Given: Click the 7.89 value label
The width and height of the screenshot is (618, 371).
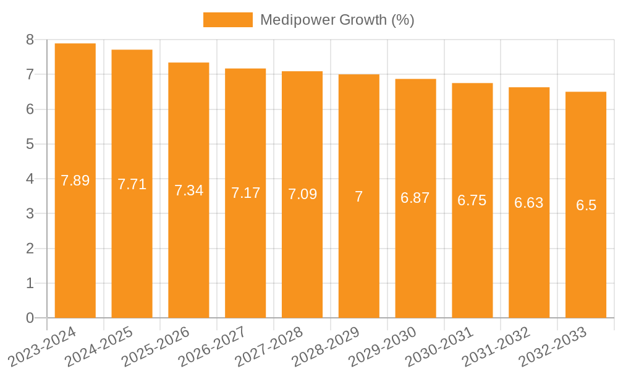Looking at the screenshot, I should pyautogui.click(x=75, y=181).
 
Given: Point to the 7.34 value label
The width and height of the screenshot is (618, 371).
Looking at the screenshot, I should pyautogui.click(x=188, y=190).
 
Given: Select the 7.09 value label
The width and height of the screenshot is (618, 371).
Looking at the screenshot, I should pyautogui.click(x=302, y=194).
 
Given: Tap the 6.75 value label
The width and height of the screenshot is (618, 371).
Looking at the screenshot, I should pyautogui.click(x=472, y=200).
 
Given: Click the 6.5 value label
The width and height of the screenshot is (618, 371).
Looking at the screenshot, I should pyautogui.click(x=586, y=206).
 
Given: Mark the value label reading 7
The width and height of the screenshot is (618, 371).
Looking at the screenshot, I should pyautogui.click(x=358, y=197).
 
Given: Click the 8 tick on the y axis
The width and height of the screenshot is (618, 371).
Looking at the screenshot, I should pyautogui.click(x=30, y=40).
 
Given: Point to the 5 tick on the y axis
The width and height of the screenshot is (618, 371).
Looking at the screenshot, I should pyautogui.click(x=30, y=144).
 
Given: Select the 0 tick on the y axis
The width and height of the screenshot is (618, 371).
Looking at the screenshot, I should pyautogui.click(x=30, y=318).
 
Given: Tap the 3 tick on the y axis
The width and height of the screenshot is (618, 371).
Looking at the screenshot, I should pyautogui.click(x=30, y=214).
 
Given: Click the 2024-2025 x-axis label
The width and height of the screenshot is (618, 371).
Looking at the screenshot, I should pyautogui.click(x=99, y=346).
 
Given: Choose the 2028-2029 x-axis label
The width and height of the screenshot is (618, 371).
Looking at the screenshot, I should pyautogui.click(x=326, y=346).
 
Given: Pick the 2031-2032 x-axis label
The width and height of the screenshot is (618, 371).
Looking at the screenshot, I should pyautogui.click(x=497, y=346).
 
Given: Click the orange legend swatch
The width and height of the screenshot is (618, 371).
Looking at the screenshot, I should pyautogui.click(x=227, y=20).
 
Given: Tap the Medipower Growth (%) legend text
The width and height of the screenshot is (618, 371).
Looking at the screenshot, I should pyautogui.click(x=337, y=20).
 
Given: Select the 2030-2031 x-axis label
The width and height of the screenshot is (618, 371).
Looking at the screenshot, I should pyautogui.click(x=440, y=346).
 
